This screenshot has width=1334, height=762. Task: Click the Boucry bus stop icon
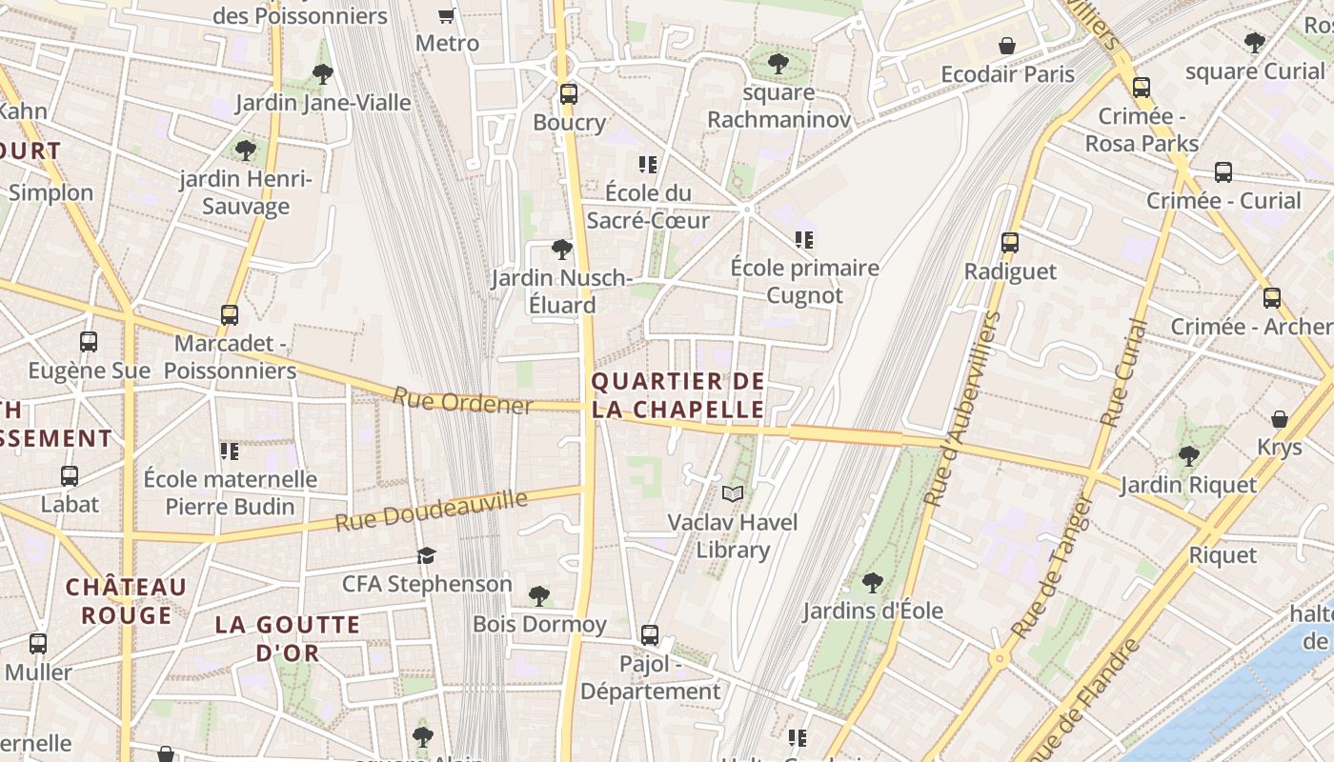[569, 94]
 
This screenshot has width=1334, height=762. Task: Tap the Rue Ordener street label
[462, 401]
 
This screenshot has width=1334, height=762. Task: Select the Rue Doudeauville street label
[431, 511]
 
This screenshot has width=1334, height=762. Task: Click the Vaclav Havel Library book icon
[732, 493]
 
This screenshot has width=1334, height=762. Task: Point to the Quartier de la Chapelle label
[677, 395]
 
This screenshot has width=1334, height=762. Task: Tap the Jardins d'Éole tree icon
[872, 582]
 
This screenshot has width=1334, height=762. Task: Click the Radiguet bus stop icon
[1010, 243]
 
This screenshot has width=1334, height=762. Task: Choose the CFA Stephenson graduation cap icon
[426, 555]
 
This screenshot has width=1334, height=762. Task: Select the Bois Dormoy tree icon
[539, 596]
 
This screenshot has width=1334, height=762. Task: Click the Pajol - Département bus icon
[650, 634]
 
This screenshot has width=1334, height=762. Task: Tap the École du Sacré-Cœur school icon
[648, 164]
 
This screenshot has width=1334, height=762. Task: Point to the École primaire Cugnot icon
[804, 239]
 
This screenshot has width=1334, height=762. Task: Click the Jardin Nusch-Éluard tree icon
[562, 250]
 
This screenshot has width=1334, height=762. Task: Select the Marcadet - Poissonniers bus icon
[230, 314]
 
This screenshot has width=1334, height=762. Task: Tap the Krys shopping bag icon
[1280, 419]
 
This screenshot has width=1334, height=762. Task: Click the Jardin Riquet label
[1188, 485]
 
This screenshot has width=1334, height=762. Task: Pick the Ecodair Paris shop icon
[1007, 46]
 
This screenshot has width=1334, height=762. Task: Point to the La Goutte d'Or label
[288, 639]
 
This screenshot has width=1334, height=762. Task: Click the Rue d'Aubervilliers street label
[963, 408]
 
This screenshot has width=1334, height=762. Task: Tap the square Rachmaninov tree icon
[778, 64]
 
